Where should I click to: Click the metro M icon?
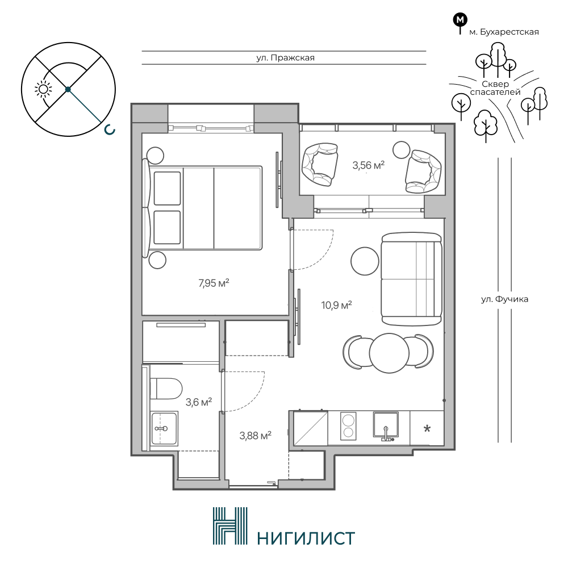tap(460, 20)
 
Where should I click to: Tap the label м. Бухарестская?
tap(504, 32)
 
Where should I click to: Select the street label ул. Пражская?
tap(286, 57)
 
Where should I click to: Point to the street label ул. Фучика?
tap(504, 299)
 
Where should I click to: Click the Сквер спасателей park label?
tap(495, 88)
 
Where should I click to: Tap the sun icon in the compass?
tap(43, 90)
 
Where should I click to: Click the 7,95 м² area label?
tap(214, 283)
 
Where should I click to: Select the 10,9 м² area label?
tap(336, 306)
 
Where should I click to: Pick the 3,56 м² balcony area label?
tap(369, 165)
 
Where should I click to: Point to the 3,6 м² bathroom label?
tap(198, 402)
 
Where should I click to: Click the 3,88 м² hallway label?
tap(256, 435)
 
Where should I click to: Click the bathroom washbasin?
tap(164, 428)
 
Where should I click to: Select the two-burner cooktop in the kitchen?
tap(348, 426)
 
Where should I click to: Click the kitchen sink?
tap(386, 426)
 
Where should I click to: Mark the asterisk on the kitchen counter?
tap(427, 429)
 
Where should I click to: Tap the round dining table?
tap(389, 353)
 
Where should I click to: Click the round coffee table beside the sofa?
tap(365, 261)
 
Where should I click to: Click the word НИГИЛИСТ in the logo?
tap(306, 538)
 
